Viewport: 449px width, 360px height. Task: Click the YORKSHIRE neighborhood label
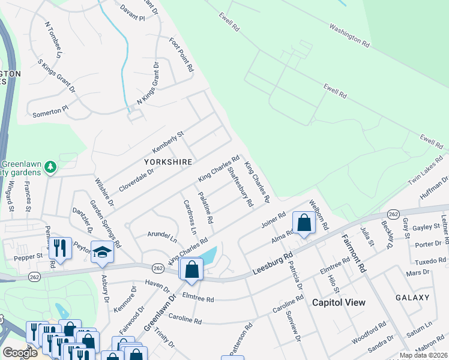(x=168, y=162)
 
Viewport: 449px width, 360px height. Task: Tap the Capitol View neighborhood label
(x=339, y=302)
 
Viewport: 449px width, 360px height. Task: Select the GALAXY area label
(x=412, y=298)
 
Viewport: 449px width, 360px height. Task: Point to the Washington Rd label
(x=348, y=35)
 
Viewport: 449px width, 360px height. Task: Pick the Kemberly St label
(x=167, y=142)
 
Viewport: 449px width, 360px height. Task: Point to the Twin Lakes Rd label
(x=426, y=171)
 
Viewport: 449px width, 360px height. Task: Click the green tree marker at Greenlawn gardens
(x=51, y=167)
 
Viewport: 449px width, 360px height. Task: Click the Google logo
(x=19, y=353)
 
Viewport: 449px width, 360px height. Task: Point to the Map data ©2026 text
(x=423, y=355)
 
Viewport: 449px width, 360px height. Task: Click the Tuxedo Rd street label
(x=431, y=261)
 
